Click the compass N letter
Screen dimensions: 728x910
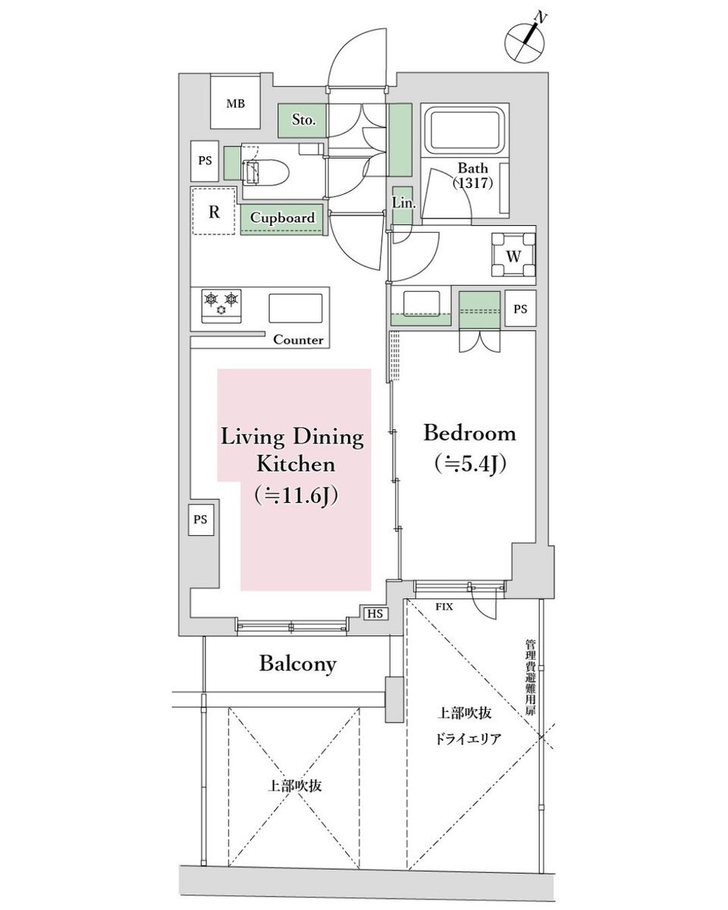tap(540, 17)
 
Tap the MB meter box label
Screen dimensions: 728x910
tap(235, 104)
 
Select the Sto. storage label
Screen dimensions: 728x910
tap(303, 120)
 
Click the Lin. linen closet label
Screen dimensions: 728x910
tap(403, 203)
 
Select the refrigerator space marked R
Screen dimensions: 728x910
tap(213, 211)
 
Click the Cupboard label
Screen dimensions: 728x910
tap(282, 218)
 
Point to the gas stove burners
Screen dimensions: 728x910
tap(221, 306)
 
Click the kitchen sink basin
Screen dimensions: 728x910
tap(295, 308)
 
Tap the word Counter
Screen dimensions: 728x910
tap(298, 340)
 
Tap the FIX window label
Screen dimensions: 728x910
tap(444, 607)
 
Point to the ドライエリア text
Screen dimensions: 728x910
tap(468, 739)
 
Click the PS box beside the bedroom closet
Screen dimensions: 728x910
tap(520, 309)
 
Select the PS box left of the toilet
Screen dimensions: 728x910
tap(205, 161)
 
